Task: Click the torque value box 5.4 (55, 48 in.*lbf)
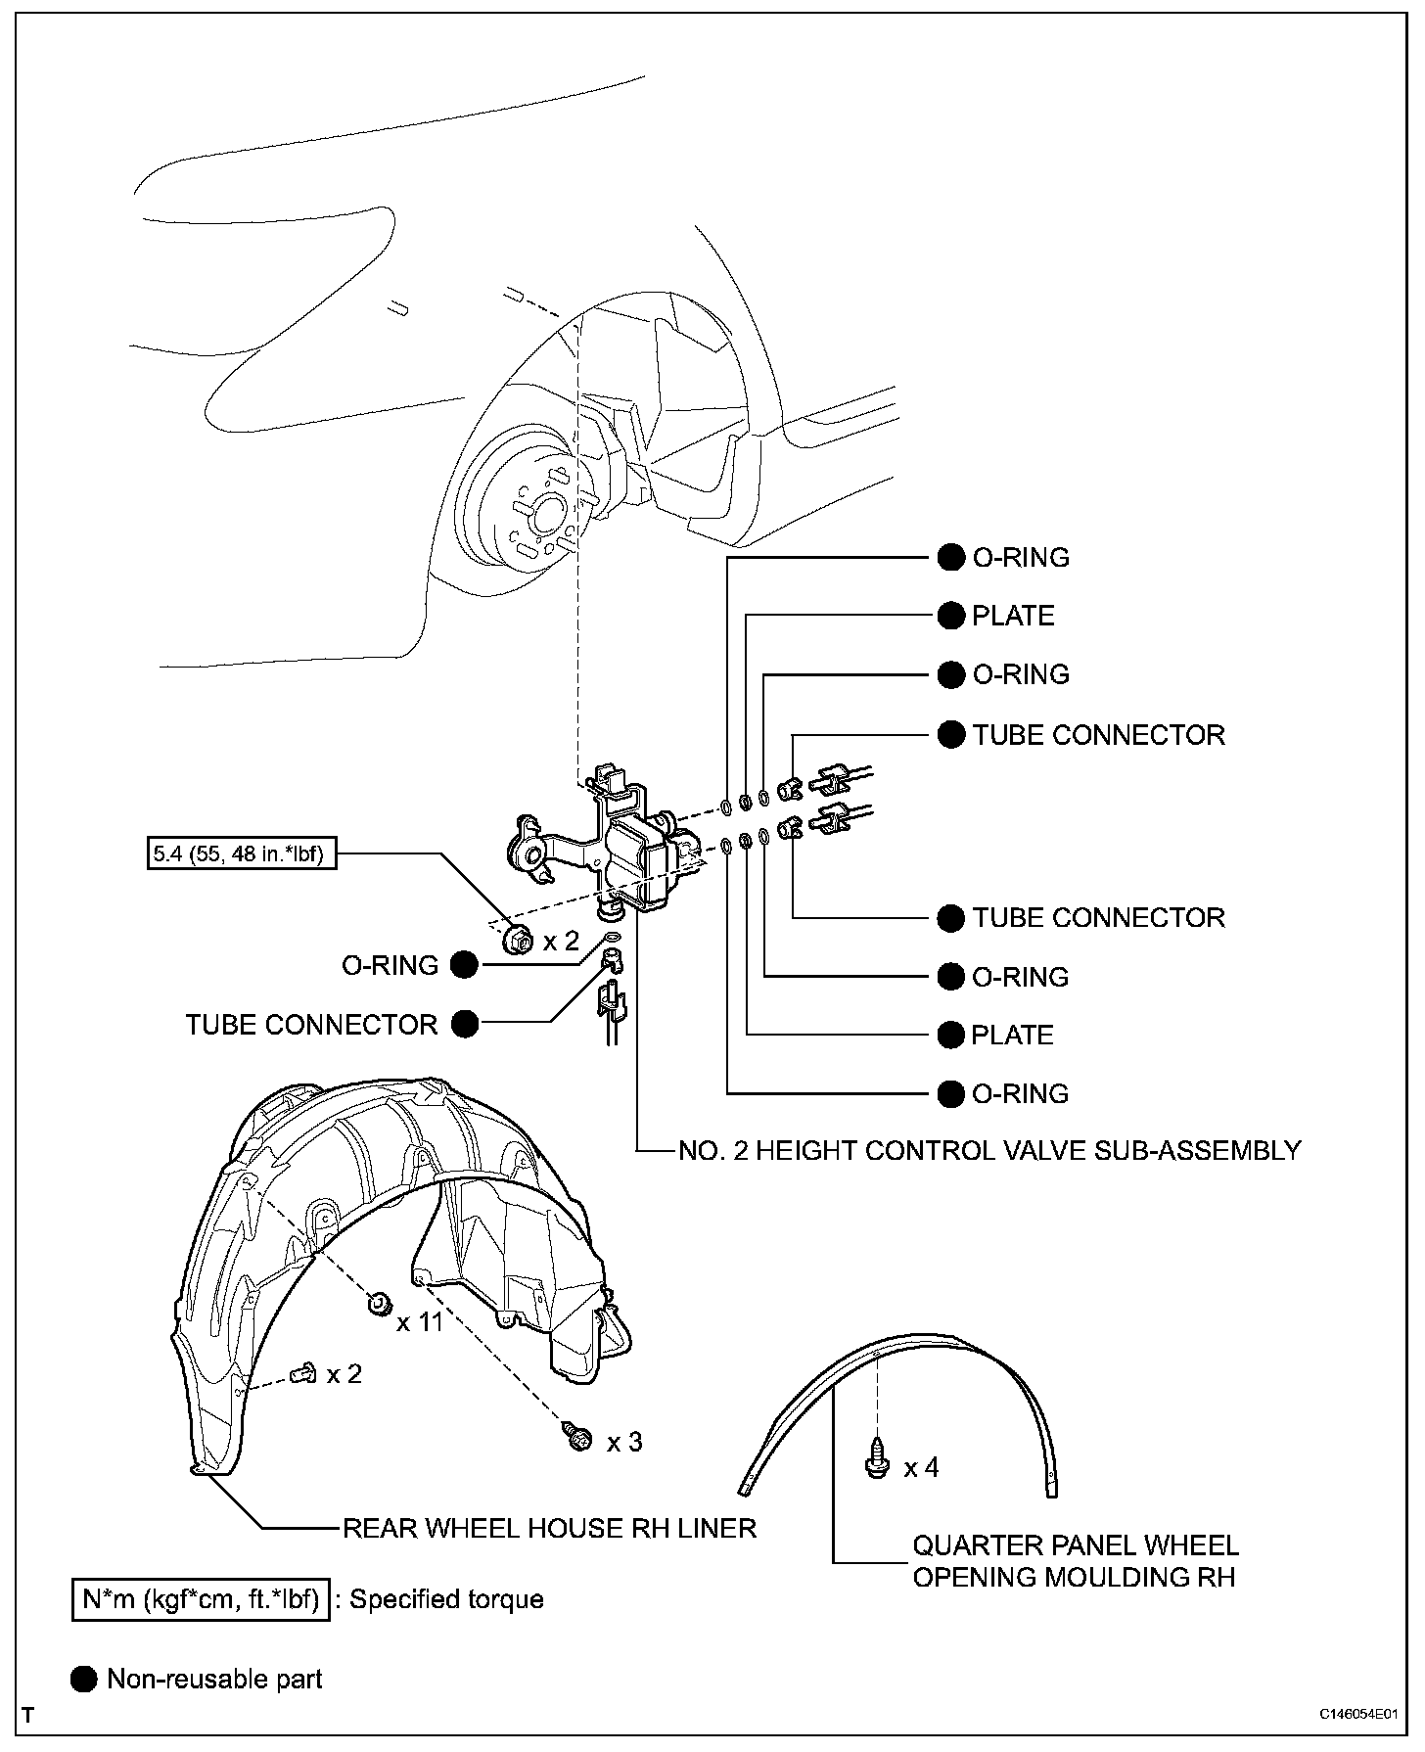(238, 854)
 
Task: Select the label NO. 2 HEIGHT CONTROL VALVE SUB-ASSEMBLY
(989, 1150)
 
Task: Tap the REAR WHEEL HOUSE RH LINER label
(549, 1528)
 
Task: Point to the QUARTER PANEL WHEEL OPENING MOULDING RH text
(1075, 1561)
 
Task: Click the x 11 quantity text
(420, 1322)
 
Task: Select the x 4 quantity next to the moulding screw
(921, 1467)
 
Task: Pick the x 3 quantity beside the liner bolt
(624, 1442)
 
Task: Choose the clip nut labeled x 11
(378, 1304)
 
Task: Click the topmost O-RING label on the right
(1020, 558)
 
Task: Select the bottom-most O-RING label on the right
(1020, 1093)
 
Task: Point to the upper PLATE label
(1013, 616)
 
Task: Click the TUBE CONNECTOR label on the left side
(311, 1025)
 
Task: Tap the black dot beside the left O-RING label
(465, 966)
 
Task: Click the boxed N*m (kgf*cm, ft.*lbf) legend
(201, 1600)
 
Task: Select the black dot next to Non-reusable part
(85, 1681)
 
